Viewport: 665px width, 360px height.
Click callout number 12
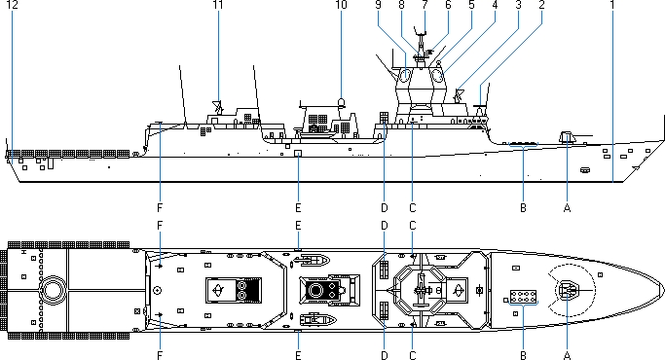coord(13,5)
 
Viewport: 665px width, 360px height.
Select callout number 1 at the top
coord(612,5)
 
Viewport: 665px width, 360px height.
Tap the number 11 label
coord(218,5)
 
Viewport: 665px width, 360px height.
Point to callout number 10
coord(341,5)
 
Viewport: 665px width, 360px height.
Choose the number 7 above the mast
coord(425,5)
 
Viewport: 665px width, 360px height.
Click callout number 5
coord(471,5)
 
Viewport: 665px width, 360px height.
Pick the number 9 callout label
coord(379,5)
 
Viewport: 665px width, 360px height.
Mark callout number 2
coord(541,5)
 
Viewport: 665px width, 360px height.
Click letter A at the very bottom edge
coord(567,355)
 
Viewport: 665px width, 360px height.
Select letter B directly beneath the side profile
coord(523,208)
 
